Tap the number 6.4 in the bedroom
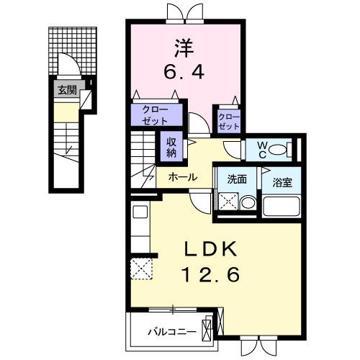pyautogui.click(x=184, y=73)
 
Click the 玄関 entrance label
pyautogui.click(x=66, y=91)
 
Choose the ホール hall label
pyautogui.click(x=184, y=176)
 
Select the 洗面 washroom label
pyautogui.click(x=238, y=179)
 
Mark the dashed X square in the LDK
pyautogui.click(x=140, y=269)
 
